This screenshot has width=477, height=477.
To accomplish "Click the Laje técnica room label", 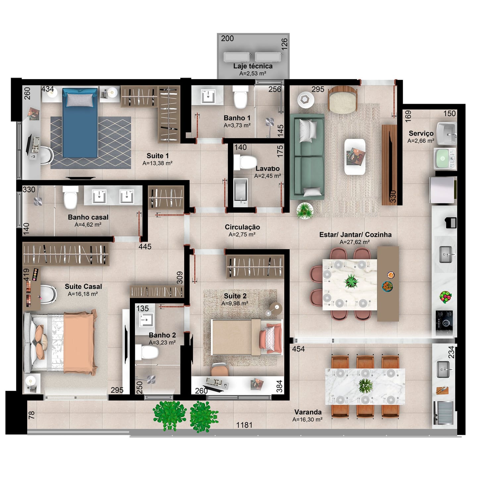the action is (x=253, y=66).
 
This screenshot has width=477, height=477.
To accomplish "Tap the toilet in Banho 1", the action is (x=240, y=97).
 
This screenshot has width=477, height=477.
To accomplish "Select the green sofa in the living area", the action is (x=307, y=157).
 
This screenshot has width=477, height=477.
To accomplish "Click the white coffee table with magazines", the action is (x=355, y=157).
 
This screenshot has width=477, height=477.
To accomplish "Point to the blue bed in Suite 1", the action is (x=80, y=123).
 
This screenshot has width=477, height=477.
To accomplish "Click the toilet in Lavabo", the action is (x=245, y=162).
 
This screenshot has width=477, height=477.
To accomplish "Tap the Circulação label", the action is (x=242, y=227).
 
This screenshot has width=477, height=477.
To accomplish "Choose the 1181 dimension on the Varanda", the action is (x=244, y=425).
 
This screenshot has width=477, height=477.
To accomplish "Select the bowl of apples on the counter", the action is (x=445, y=297).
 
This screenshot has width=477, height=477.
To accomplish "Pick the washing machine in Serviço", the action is (x=445, y=159).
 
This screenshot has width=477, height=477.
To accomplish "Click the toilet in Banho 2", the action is (x=146, y=352).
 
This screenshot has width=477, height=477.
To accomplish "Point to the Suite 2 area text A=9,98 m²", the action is (x=235, y=303).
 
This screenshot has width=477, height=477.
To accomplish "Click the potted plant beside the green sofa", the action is (x=305, y=211).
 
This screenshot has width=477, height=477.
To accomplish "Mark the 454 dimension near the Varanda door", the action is (x=298, y=349).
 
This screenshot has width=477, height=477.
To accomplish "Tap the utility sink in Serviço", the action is (x=447, y=133).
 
